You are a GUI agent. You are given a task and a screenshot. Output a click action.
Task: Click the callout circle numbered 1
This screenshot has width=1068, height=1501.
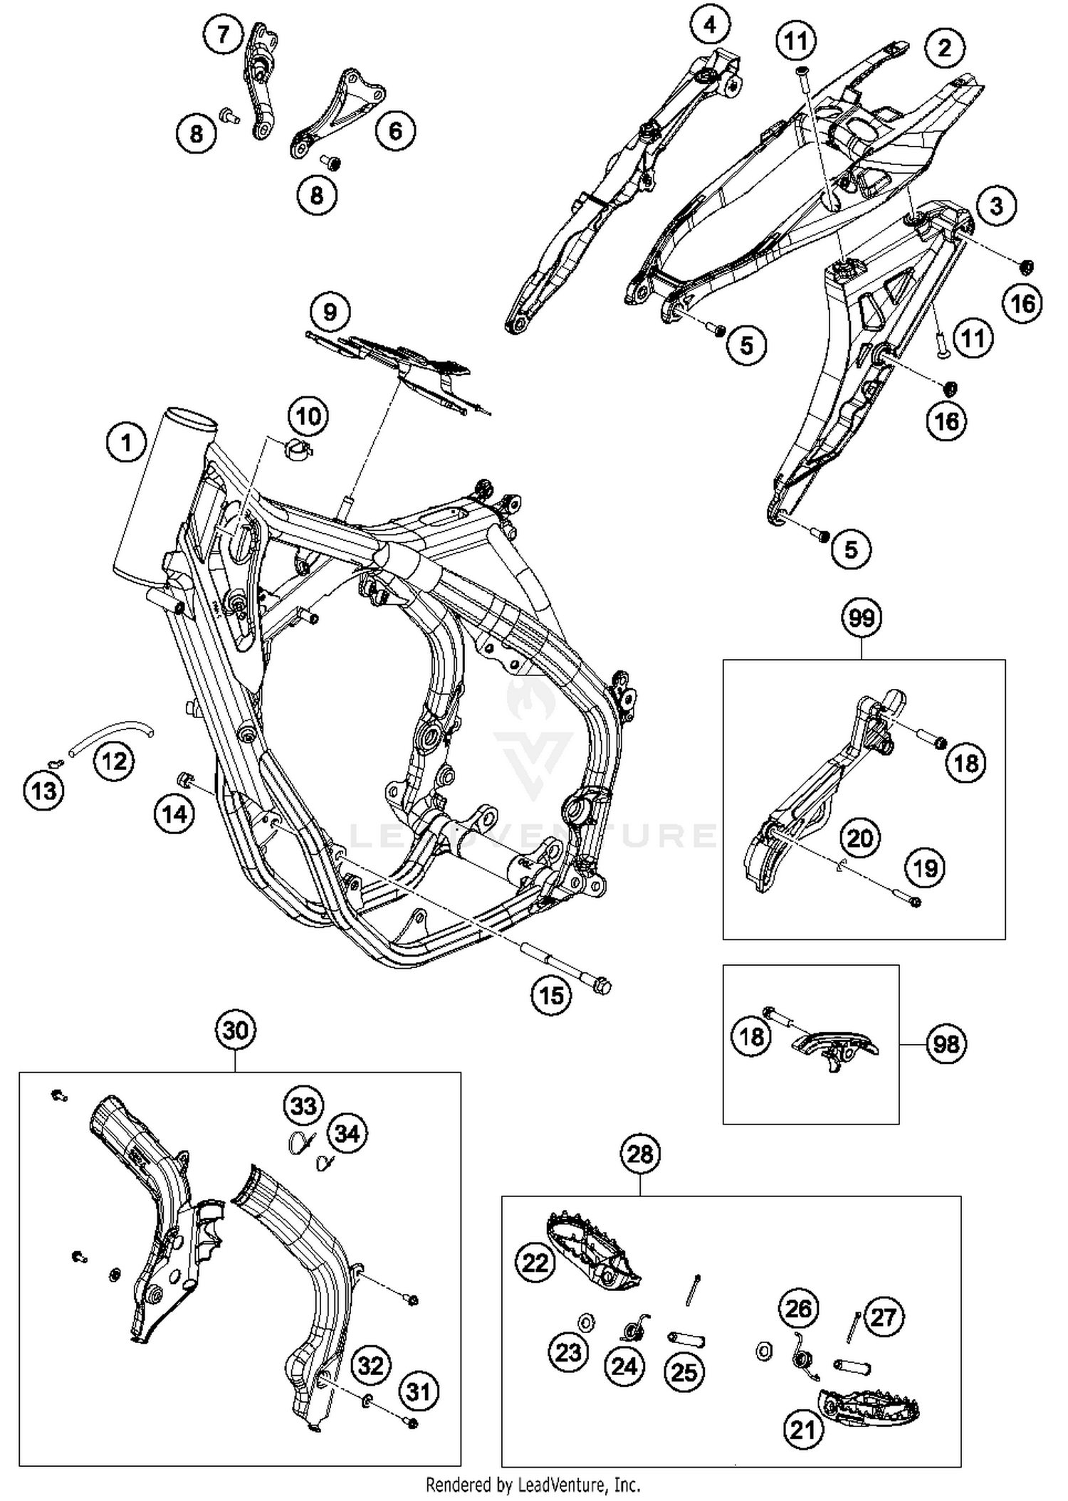[x=126, y=443]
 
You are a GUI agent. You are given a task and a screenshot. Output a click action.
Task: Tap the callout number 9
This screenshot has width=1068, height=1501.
[x=329, y=312]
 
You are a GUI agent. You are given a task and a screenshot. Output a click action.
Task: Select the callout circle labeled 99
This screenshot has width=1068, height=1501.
[x=862, y=617]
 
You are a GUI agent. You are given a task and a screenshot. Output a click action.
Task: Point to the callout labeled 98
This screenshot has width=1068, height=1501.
[x=946, y=1044]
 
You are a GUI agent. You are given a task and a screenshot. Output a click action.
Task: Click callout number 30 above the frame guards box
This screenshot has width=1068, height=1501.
[x=235, y=1030]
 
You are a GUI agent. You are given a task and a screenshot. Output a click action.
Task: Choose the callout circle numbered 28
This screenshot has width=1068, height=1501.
[x=640, y=1153]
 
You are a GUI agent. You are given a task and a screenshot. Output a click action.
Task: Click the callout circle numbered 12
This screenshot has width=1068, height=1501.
[x=114, y=761]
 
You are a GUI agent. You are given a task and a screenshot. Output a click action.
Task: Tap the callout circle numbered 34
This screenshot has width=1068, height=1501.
[x=347, y=1133]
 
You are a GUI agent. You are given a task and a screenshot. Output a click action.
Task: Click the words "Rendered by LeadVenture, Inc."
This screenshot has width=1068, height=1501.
[x=533, y=1485]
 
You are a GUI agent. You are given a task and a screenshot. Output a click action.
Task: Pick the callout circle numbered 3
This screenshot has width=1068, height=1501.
[x=996, y=206]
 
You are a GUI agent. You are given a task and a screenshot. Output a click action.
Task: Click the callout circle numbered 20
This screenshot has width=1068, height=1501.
[x=860, y=838]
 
